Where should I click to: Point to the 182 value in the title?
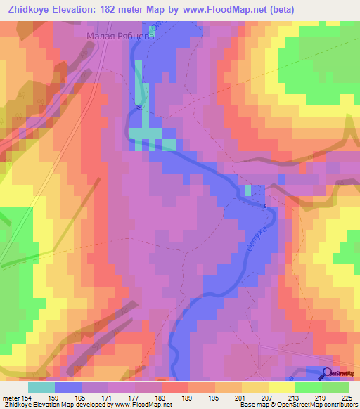click(x=110, y=9)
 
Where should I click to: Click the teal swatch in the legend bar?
click(x=41, y=387)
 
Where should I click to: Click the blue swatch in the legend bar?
click(x=68, y=387)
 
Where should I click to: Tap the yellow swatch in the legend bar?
click(x=255, y=387)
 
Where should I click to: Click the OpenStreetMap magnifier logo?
click(x=328, y=374)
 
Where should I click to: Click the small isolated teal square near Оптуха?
click(x=247, y=190)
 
